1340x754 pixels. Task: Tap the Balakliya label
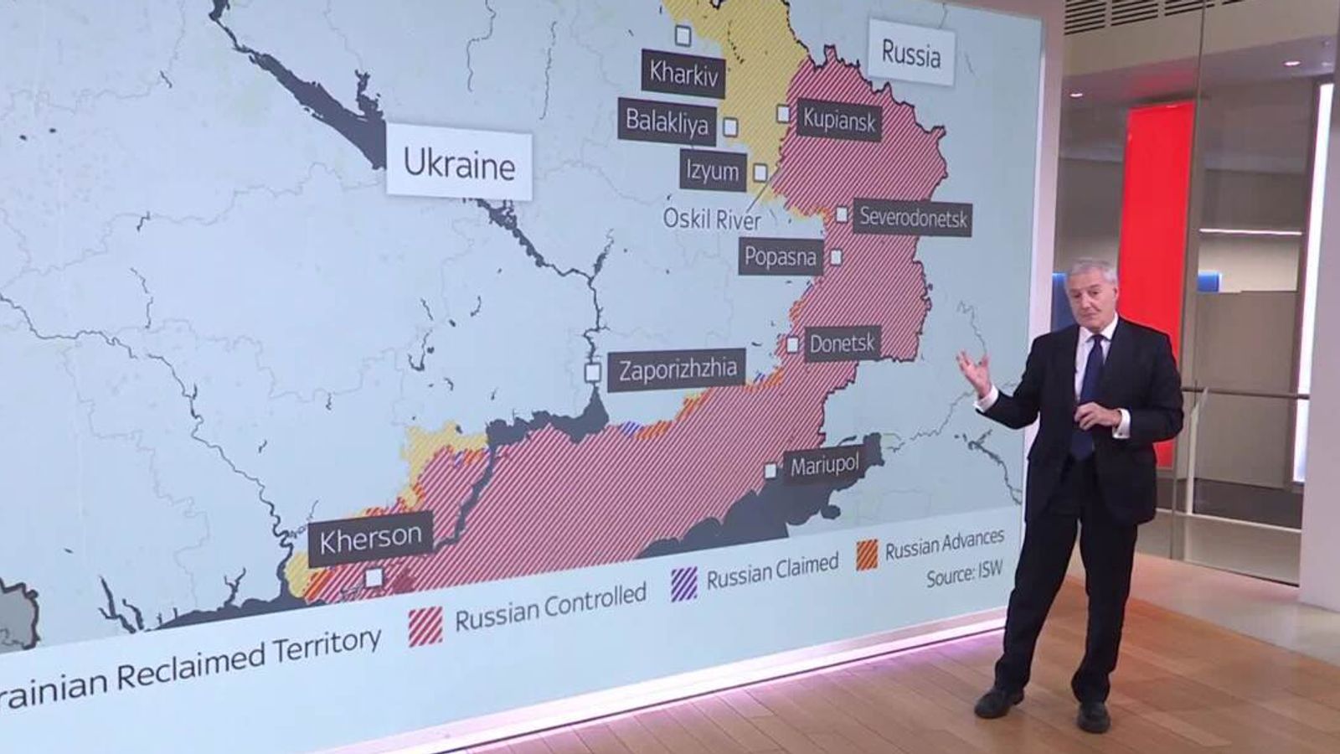667,122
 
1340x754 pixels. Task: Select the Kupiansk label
838,120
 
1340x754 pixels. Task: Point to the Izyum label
712,171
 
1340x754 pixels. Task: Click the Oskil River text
712,219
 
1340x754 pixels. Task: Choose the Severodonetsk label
913,218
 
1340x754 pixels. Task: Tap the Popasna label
780,256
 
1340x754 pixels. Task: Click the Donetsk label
842,343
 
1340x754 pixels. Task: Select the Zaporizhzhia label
678,369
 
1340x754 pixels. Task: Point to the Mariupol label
825,465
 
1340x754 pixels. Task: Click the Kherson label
370,536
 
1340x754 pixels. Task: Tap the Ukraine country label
459,164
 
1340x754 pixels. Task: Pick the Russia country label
910,55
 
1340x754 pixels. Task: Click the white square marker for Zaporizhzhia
593,372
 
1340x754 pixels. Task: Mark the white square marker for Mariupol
770,471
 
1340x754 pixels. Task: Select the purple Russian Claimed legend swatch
683,584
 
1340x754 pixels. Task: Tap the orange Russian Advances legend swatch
867,554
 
